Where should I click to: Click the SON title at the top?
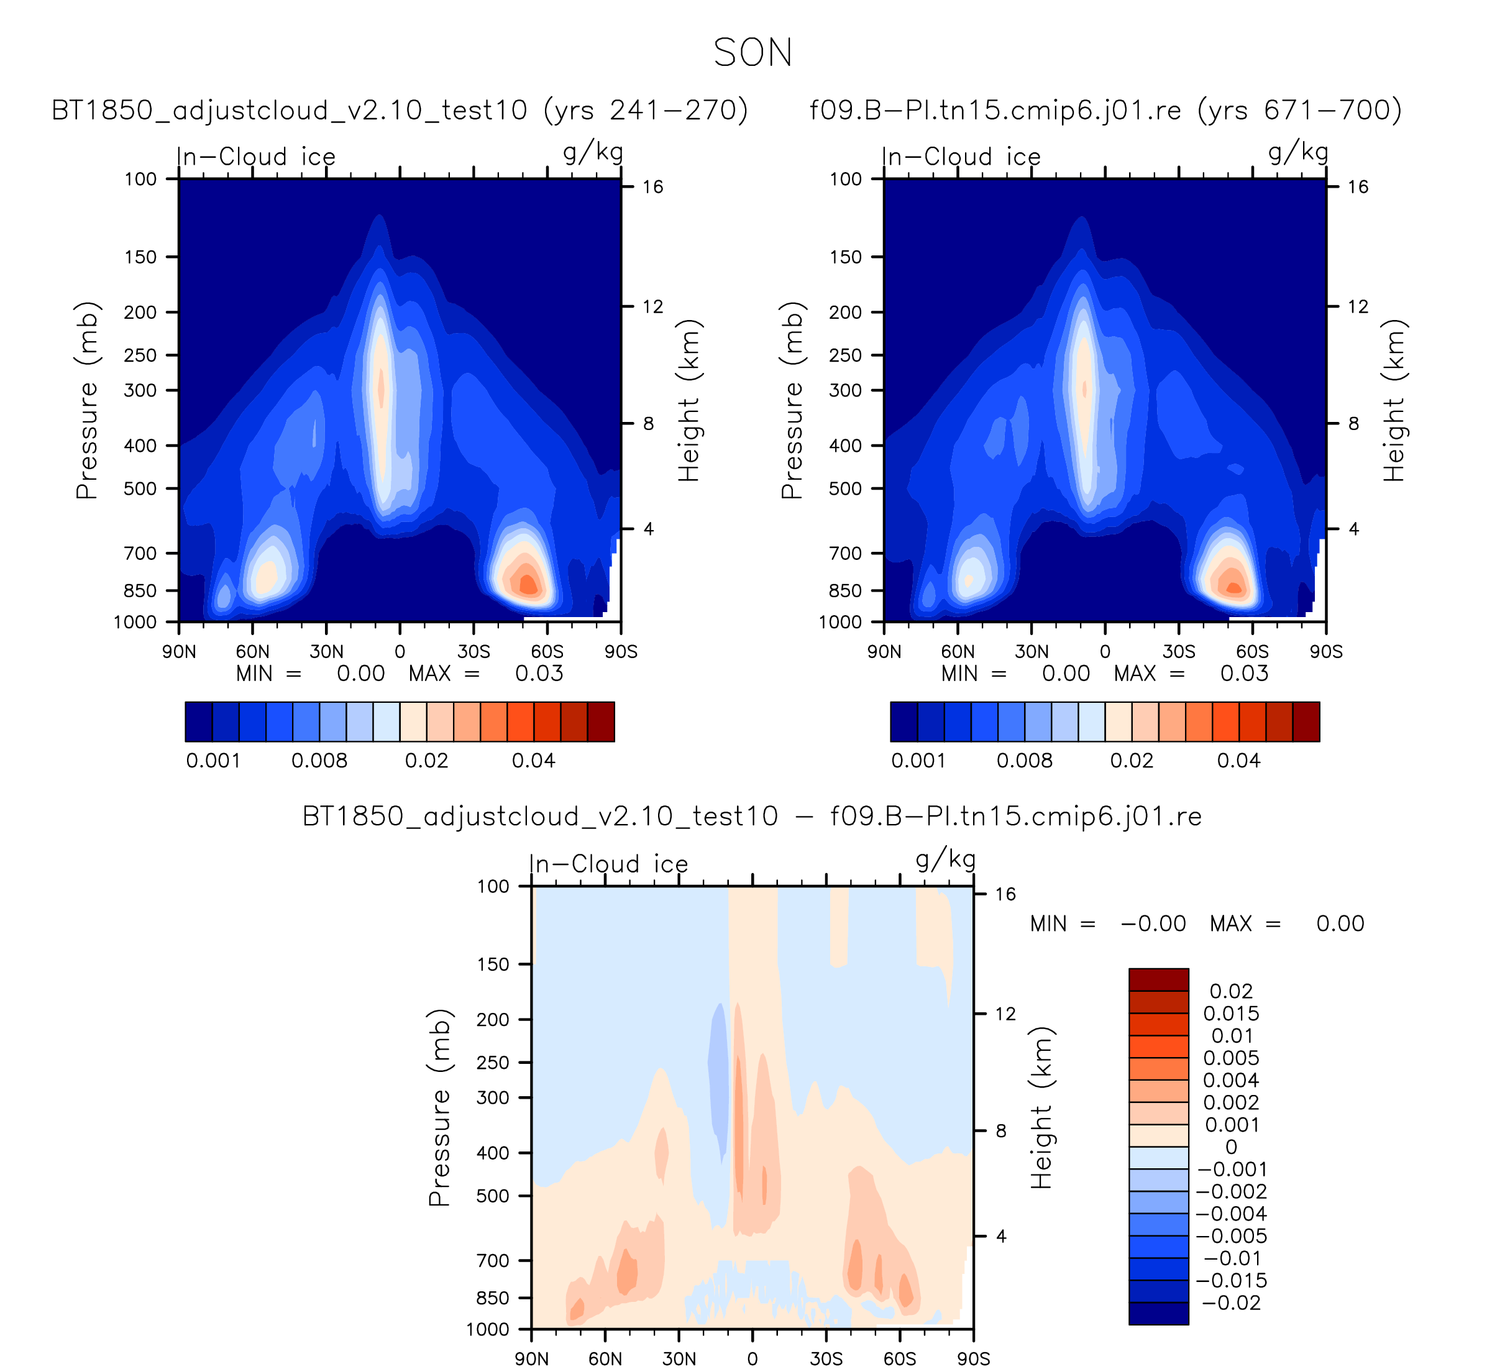(x=752, y=53)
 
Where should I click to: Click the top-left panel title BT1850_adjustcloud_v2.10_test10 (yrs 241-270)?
(x=400, y=111)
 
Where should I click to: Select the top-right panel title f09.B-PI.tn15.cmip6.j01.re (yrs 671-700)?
(x=1105, y=111)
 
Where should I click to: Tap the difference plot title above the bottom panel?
(x=752, y=817)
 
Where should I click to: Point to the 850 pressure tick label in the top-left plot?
(x=140, y=590)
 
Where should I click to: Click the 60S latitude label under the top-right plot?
(x=1252, y=652)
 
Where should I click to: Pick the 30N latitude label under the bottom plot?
(x=679, y=1358)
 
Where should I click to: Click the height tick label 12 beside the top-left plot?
(x=652, y=307)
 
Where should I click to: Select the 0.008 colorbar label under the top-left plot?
(x=319, y=761)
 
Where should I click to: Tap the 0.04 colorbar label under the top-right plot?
(x=1238, y=761)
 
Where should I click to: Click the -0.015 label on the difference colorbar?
(x=1232, y=1281)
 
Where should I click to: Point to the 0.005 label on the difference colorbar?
(x=1231, y=1058)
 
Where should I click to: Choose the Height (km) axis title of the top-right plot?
(x=1394, y=400)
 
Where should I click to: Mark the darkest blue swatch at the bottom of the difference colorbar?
(x=1159, y=1314)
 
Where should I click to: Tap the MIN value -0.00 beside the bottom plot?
(x=1153, y=924)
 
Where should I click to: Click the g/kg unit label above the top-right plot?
(x=1298, y=153)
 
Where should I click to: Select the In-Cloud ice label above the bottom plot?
(x=608, y=864)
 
